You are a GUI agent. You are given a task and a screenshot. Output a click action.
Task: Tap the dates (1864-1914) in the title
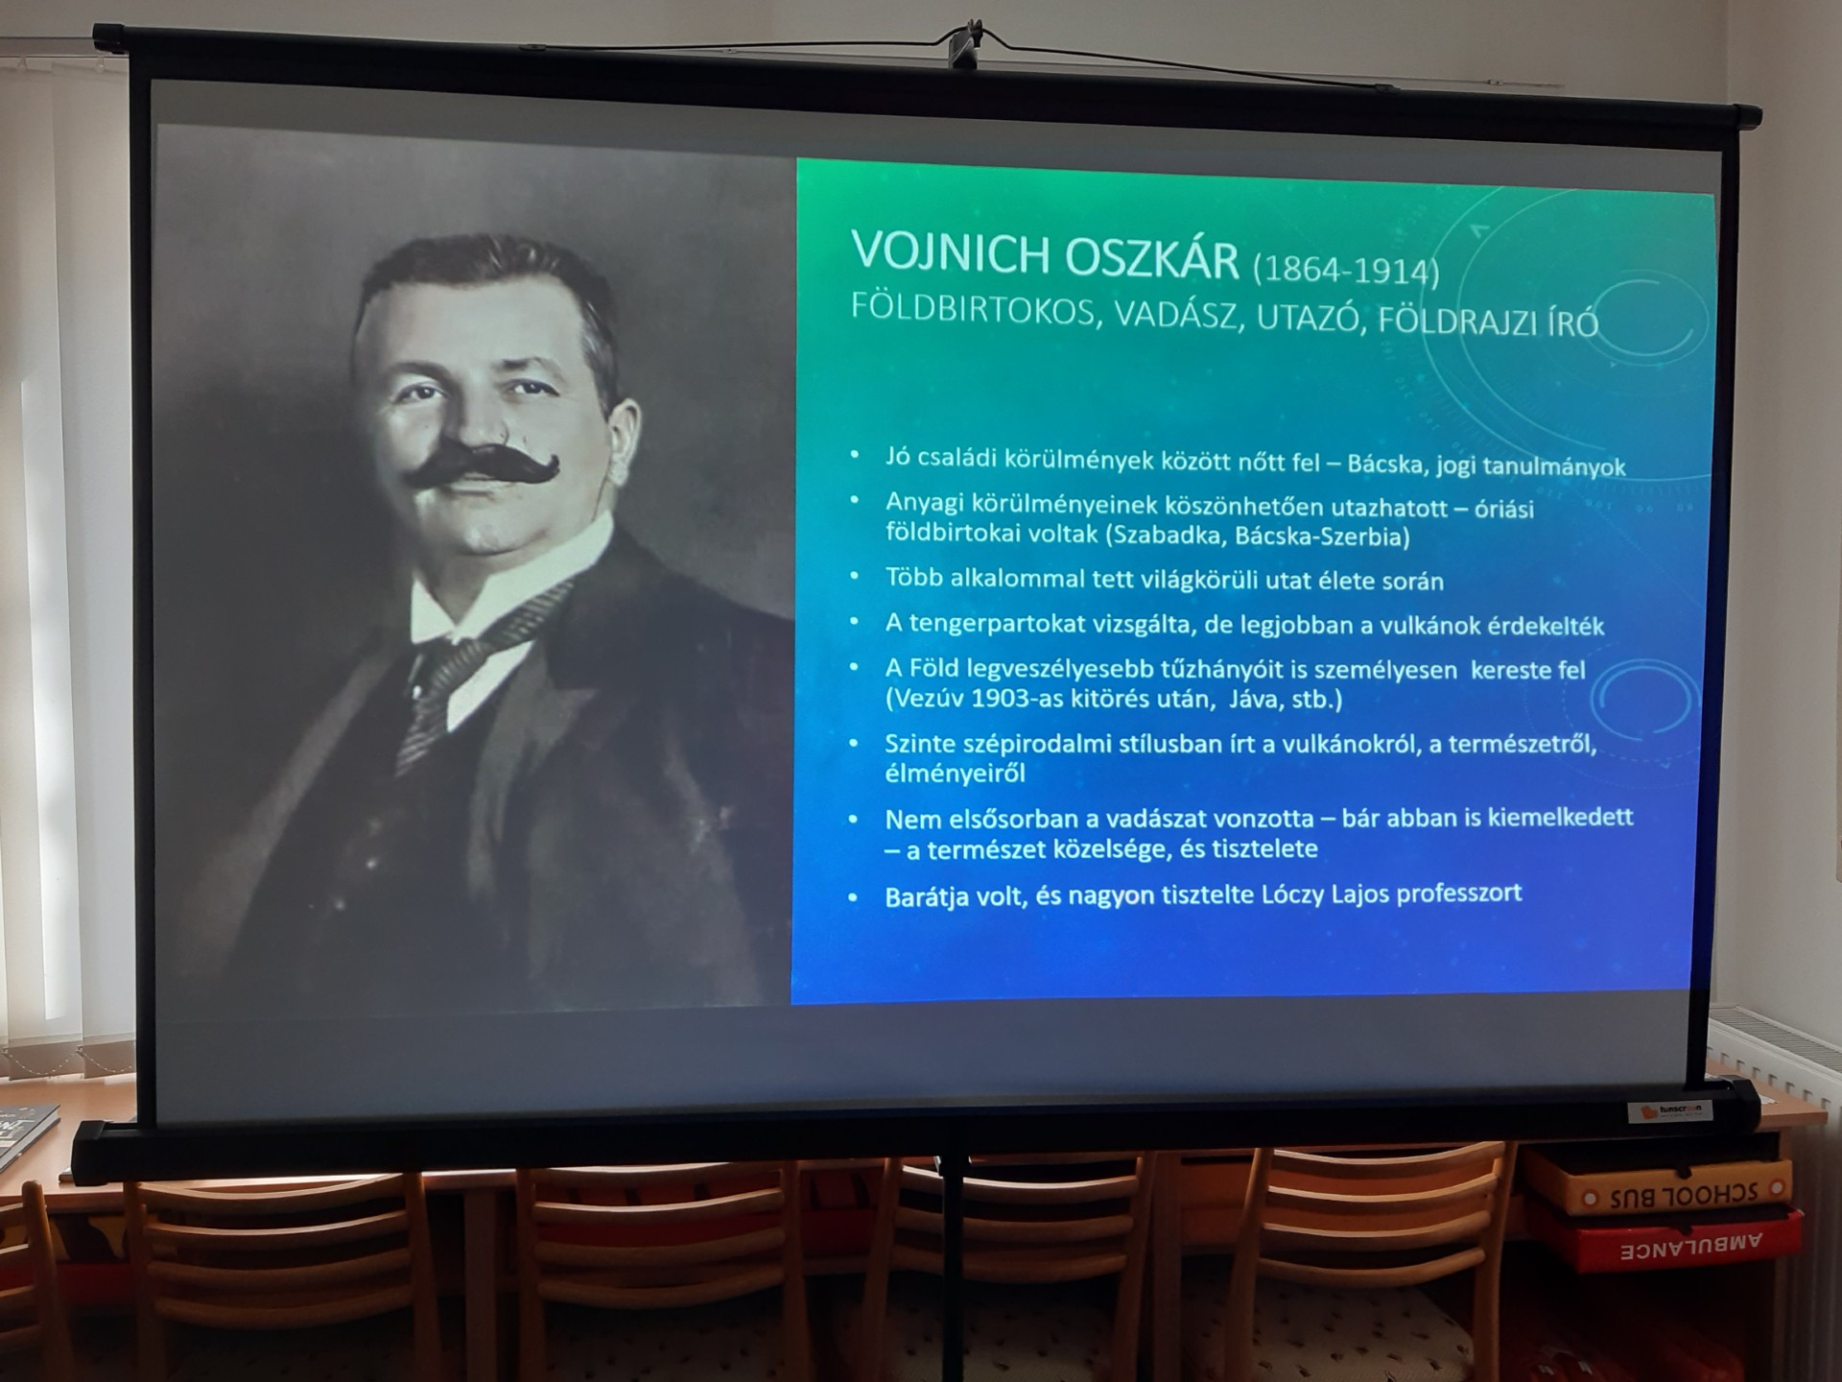1345,270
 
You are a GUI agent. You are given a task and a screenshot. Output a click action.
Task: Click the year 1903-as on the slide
1022,698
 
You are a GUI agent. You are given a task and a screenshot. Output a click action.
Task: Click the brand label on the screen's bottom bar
1670,1111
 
